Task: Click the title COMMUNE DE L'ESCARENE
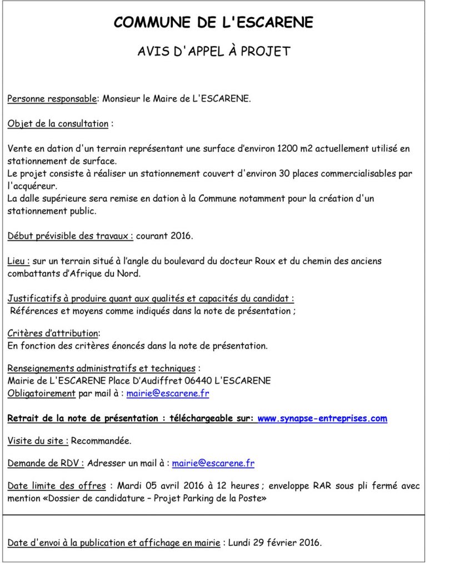point(214,22)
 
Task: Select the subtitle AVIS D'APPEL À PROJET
point(214,52)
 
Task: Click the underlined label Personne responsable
point(52,99)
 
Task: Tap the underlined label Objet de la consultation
point(58,124)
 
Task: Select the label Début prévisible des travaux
point(70,236)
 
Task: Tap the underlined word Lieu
point(18,261)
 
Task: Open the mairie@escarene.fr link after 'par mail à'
point(168,393)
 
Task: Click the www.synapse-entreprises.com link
point(322,418)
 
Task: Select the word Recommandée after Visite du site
point(102,441)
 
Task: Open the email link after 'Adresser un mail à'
point(213,463)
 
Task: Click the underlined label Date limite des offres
point(57,486)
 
